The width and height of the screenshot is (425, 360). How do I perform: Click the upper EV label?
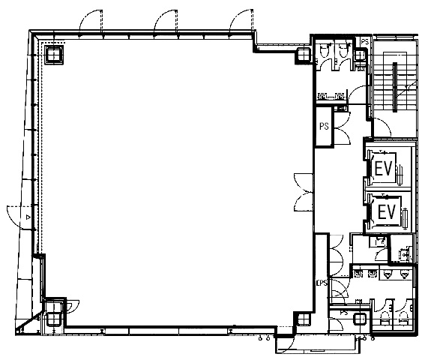click(384, 169)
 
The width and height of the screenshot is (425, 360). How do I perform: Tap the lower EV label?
click(387, 211)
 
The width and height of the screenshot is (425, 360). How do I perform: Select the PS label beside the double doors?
click(324, 126)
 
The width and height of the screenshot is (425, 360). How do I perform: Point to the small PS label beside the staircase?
click(365, 42)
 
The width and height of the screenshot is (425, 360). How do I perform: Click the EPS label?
click(322, 283)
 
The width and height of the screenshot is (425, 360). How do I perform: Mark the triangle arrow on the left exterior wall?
click(28, 217)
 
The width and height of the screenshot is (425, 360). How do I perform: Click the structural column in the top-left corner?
click(54, 55)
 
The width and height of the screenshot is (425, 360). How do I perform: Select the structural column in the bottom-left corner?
click(53, 319)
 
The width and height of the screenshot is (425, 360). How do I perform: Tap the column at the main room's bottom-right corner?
click(304, 319)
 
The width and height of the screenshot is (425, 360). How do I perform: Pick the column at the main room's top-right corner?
click(304, 54)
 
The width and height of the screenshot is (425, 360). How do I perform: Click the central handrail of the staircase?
click(395, 87)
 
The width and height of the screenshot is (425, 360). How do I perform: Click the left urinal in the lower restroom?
click(388, 274)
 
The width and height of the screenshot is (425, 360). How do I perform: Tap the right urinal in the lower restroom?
click(404, 274)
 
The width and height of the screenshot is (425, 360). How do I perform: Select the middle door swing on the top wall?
click(166, 20)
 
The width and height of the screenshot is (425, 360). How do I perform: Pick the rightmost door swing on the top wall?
click(241, 20)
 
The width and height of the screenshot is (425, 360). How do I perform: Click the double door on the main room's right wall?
click(304, 193)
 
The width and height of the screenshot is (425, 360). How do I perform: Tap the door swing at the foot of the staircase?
click(382, 127)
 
